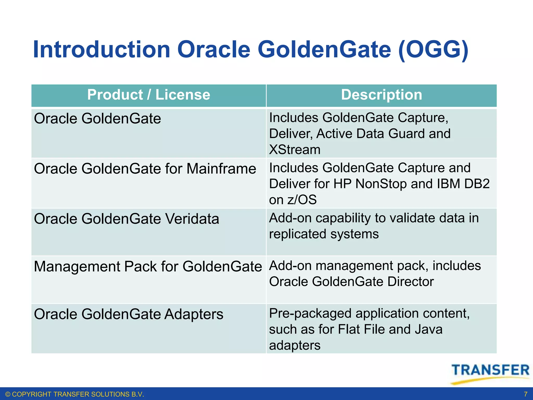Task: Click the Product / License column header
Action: [149, 95]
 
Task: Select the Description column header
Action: [381, 95]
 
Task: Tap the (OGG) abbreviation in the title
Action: [433, 50]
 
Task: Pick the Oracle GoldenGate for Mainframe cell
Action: [145, 169]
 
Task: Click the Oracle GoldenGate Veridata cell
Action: [126, 219]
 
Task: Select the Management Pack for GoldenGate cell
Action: [148, 267]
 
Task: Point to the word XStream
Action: [295, 150]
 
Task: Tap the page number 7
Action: [525, 394]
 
